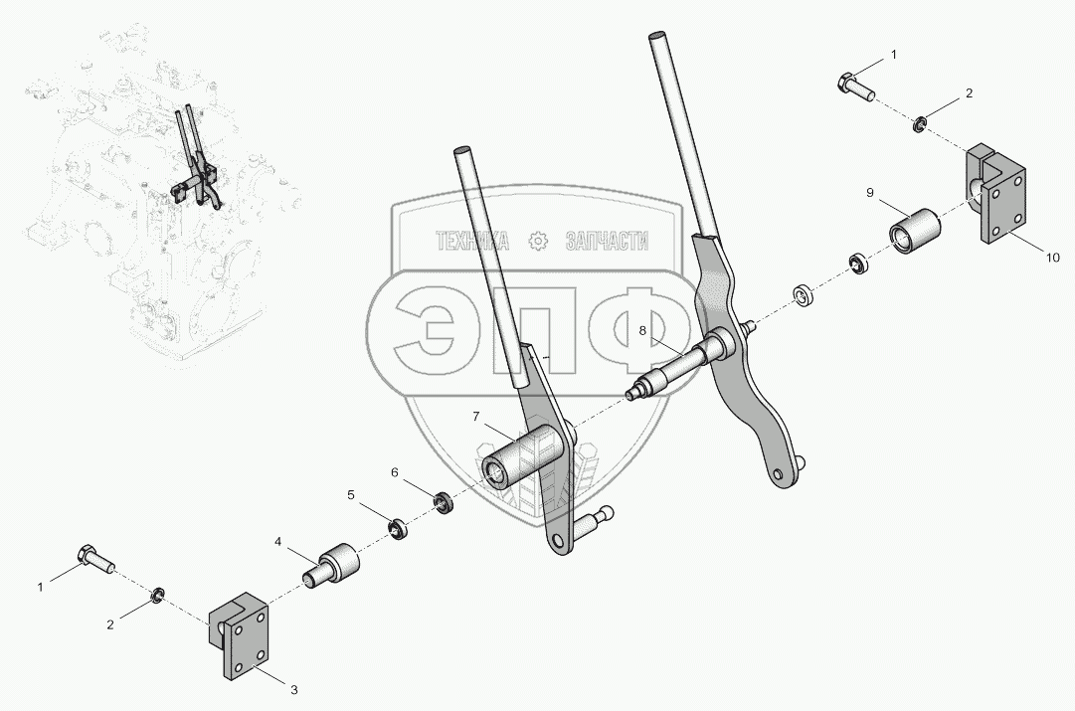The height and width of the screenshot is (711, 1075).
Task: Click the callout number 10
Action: tap(1053, 258)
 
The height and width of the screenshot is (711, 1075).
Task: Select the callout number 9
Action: tap(870, 193)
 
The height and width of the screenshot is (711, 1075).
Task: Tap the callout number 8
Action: tap(642, 330)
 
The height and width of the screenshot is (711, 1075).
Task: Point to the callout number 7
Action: tap(475, 417)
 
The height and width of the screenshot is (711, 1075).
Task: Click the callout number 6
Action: tap(394, 472)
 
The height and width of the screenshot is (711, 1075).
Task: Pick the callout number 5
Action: tap(351, 494)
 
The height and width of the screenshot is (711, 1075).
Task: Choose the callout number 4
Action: tap(277, 542)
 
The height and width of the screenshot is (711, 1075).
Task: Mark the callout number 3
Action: tap(294, 690)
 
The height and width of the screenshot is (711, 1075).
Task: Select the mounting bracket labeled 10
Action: tap(996, 193)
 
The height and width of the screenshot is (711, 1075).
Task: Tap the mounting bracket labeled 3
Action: tap(239, 633)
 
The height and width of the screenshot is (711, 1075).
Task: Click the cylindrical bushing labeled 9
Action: tap(915, 230)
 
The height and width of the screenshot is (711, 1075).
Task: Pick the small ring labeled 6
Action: tap(446, 502)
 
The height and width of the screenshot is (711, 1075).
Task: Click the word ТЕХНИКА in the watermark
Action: tap(473, 241)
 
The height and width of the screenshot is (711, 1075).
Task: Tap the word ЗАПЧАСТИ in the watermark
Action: tap(607, 241)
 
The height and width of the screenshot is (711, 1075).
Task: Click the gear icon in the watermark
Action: tap(539, 241)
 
